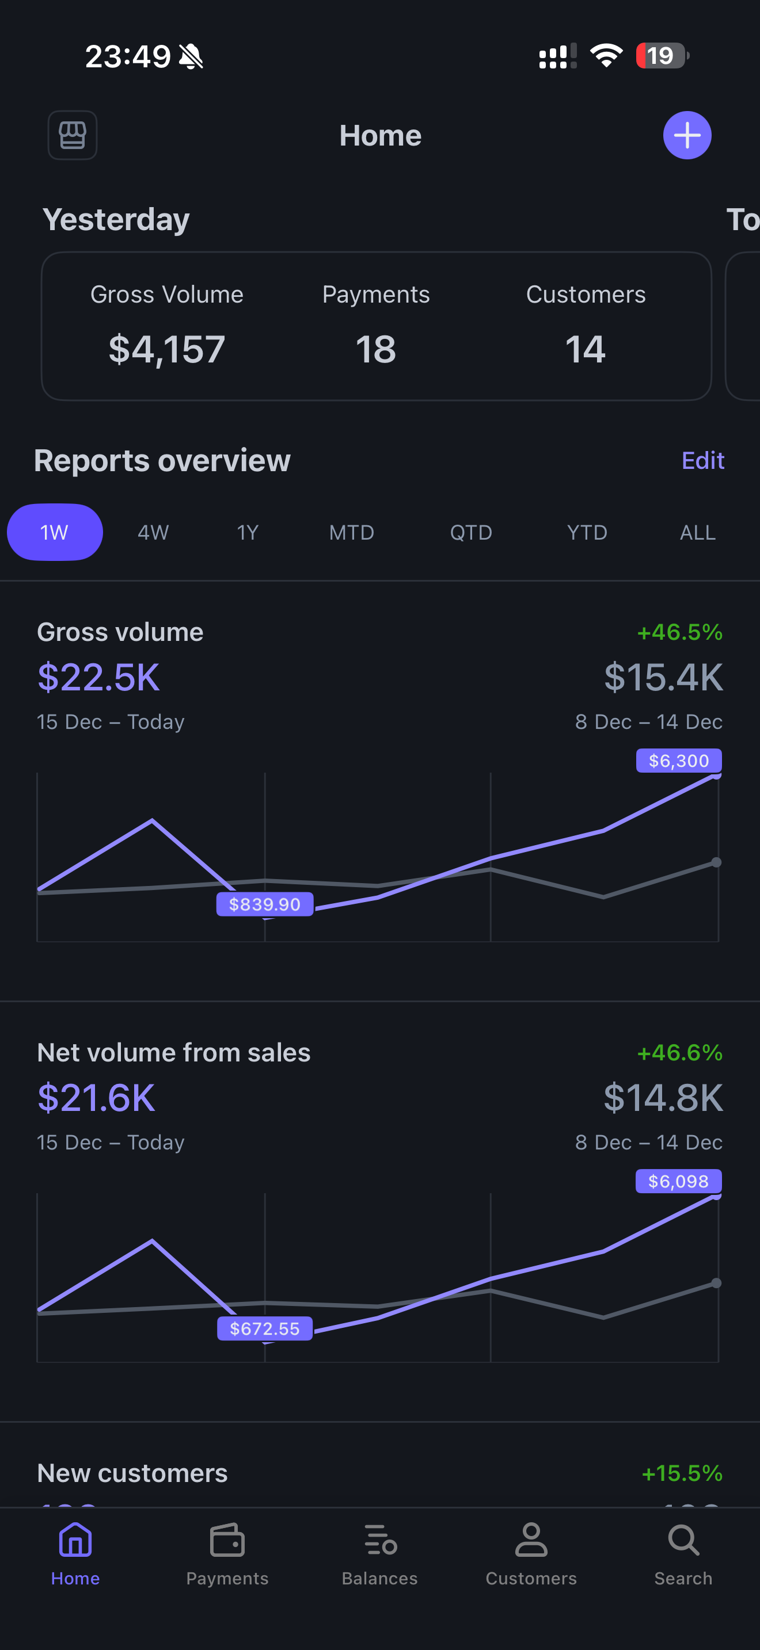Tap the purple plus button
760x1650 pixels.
coord(687,135)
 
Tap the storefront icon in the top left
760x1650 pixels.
coord(73,135)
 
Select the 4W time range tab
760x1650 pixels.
coord(153,532)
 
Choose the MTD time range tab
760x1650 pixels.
coord(351,532)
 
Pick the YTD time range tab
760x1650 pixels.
coord(586,532)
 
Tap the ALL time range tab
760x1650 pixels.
coord(697,532)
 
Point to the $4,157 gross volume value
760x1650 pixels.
coord(166,349)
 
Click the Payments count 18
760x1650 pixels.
coord(375,349)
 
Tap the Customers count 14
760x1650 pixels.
coord(585,349)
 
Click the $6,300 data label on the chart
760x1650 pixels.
coord(679,761)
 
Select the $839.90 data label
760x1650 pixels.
coord(265,904)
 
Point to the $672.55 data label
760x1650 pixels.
coord(265,1328)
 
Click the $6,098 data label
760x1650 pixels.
coord(678,1181)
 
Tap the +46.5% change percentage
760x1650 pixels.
coord(679,632)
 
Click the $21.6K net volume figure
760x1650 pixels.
coord(96,1098)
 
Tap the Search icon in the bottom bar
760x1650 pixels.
coord(683,1541)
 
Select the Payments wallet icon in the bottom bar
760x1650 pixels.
coord(227,1541)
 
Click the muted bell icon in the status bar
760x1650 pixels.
coord(191,56)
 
